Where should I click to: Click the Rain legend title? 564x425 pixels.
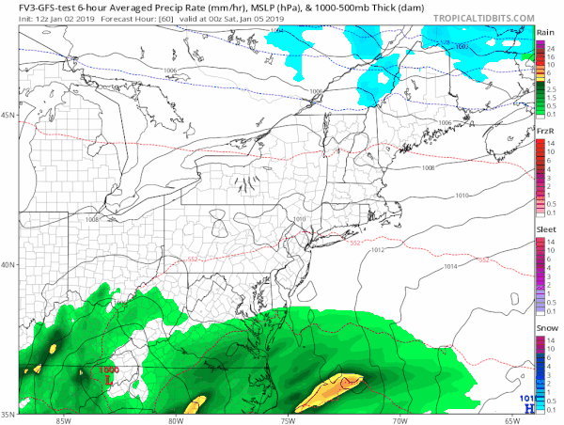point(544,32)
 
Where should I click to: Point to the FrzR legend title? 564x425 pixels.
point(544,131)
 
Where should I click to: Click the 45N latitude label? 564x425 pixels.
point(8,115)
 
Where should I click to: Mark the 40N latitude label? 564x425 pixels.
point(8,264)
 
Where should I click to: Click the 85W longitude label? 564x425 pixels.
point(64,419)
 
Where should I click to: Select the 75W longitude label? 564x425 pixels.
point(288,419)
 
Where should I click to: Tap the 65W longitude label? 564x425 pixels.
point(512,419)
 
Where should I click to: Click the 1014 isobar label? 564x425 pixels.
point(450,267)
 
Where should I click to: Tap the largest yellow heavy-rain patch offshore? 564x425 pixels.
point(329,390)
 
